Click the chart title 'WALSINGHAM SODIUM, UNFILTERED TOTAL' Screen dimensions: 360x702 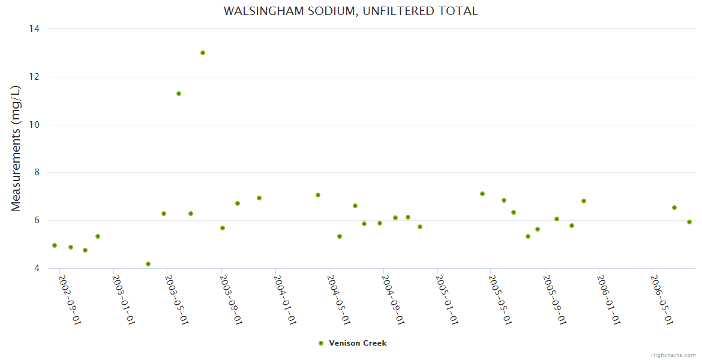[350, 11]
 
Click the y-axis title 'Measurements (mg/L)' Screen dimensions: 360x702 [16, 148]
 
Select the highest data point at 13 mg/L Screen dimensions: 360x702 [203, 53]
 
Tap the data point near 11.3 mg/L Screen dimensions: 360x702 [179, 94]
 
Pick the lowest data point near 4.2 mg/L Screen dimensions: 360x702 [148, 264]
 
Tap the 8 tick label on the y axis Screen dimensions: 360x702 [36, 173]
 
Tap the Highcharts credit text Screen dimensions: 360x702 [673, 355]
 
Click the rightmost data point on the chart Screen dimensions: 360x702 [689, 222]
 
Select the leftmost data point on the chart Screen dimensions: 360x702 [55, 245]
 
